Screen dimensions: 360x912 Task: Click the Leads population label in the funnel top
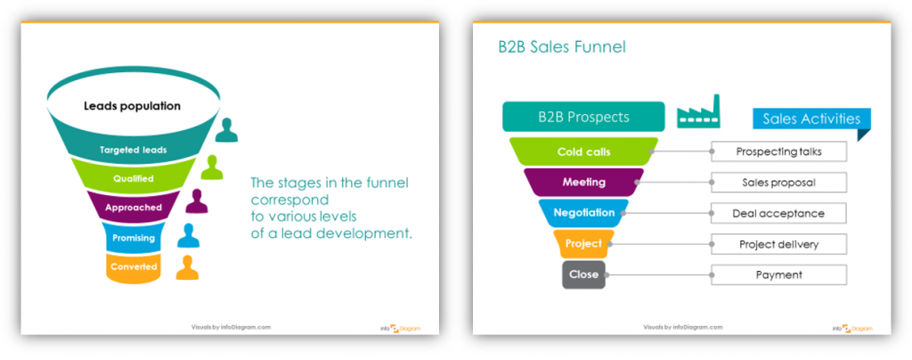point(132,106)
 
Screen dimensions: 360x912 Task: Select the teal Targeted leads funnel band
point(133,150)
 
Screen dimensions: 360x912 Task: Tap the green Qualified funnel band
point(133,178)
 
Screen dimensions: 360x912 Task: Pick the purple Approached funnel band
point(133,208)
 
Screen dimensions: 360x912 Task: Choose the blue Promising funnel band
point(133,238)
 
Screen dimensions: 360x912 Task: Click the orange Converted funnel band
point(133,266)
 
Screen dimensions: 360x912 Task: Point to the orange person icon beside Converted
point(187,267)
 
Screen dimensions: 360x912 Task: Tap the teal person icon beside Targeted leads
point(227,130)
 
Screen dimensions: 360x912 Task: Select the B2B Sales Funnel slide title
point(561,47)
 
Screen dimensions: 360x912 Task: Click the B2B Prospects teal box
point(583,118)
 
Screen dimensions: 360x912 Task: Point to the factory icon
point(698,114)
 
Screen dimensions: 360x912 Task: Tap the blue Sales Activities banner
point(810,119)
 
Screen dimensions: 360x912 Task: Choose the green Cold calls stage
point(583,151)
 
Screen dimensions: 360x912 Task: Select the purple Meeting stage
point(583,183)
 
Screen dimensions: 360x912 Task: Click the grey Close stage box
point(583,274)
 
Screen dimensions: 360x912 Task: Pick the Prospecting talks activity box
point(778,151)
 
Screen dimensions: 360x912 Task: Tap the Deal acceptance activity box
point(778,213)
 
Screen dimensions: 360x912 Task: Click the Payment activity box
point(778,274)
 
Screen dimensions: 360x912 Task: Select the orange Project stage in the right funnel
point(583,243)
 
